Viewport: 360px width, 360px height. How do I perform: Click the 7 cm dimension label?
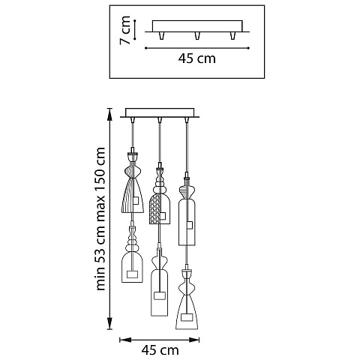125,30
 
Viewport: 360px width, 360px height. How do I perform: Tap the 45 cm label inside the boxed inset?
196,58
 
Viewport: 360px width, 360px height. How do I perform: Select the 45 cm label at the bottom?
160,350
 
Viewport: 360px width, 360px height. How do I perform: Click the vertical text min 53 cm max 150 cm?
100,219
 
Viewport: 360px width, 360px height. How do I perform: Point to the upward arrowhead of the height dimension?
109,113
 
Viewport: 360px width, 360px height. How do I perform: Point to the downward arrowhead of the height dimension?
109,324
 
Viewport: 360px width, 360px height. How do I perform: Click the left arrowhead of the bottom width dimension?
125,340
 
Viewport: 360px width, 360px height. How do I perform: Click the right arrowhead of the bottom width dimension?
193,340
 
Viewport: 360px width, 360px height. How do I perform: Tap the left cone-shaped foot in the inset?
162,35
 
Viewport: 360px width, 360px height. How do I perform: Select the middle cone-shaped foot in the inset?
197,35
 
